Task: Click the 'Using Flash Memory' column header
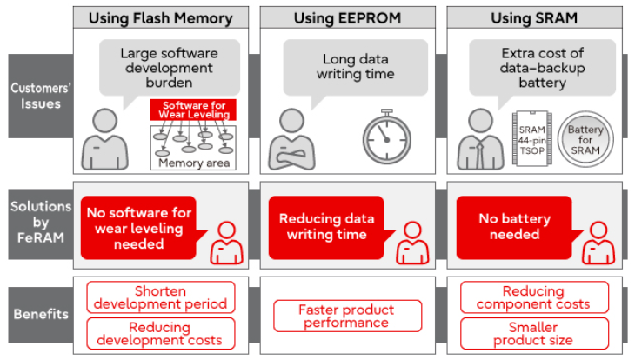pyautogui.click(x=161, y=17)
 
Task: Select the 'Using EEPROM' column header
pyautogui.click(x=347, y=17)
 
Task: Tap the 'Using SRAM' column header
pyautogui.click(x=534, y=17)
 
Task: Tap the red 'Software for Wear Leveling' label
pyautogui.click(x=190, y=110)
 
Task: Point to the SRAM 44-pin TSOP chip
pyautogui.click(x=531, y=138)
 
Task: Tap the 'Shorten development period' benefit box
pyautogui.click(x=160, y=297)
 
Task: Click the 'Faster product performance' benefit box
pyautogui.click(x=347, y=316)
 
